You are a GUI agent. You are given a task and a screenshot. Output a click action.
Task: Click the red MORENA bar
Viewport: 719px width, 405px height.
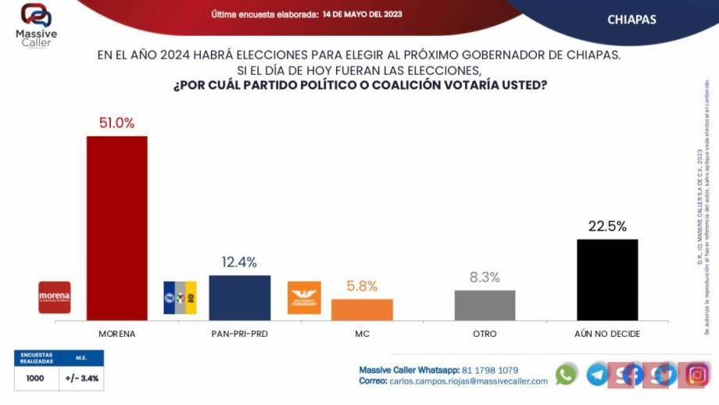pyautogui.click(x=116, y=228)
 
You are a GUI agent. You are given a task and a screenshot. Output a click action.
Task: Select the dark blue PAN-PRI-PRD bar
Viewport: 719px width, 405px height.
pyautogui.click(x=239, y=297)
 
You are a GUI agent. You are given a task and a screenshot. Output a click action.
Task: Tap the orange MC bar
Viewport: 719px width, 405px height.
pyautogui.click(x=362, y=309)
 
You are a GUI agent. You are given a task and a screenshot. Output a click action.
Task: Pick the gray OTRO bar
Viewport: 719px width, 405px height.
pyautogui.click(x=485, y=305)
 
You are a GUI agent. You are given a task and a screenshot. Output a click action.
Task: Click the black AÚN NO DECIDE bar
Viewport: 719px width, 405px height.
pyautogui.click(x=607, y=279)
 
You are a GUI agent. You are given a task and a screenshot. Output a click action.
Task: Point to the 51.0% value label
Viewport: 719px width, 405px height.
pyautogui.click(x=116, y=123)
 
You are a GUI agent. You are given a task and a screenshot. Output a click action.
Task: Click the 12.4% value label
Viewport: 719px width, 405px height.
pyautogui.click(x=239, y=263)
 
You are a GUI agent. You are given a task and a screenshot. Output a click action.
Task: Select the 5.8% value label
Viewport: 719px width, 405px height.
pyautogui.click(x=362, y=287)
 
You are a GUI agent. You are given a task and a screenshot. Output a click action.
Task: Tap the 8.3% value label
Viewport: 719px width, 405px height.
pyautogui.click(x=485, y=278)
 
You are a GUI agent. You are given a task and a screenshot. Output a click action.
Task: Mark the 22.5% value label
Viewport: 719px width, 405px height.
pyautogui.click(x=607, y=227)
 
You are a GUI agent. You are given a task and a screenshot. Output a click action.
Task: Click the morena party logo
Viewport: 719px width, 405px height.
pyautogui.click(x=55, y=297)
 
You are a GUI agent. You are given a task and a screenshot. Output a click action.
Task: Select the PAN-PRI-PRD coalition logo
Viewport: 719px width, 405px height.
pyautogui.click(x=180, y=297)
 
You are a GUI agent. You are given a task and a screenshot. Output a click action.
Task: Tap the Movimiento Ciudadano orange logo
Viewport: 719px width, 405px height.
pyautogui.click(x=304, y=297)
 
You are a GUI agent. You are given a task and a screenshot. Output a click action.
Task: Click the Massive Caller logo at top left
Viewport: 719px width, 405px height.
pyautogui.click(x=35, y=23)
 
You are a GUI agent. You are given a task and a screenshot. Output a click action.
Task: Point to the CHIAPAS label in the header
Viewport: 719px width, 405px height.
pyautogui.click(x=631, y=20)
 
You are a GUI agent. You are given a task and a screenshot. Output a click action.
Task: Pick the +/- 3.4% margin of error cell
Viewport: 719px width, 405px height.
pyautogui.click(x=81, y=378)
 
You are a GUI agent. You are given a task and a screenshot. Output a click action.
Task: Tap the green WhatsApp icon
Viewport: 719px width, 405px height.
pyautogui.click(x=566, y=375)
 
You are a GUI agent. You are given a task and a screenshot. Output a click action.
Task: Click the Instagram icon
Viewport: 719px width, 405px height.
pyautogui.click(x=696, y=375)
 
